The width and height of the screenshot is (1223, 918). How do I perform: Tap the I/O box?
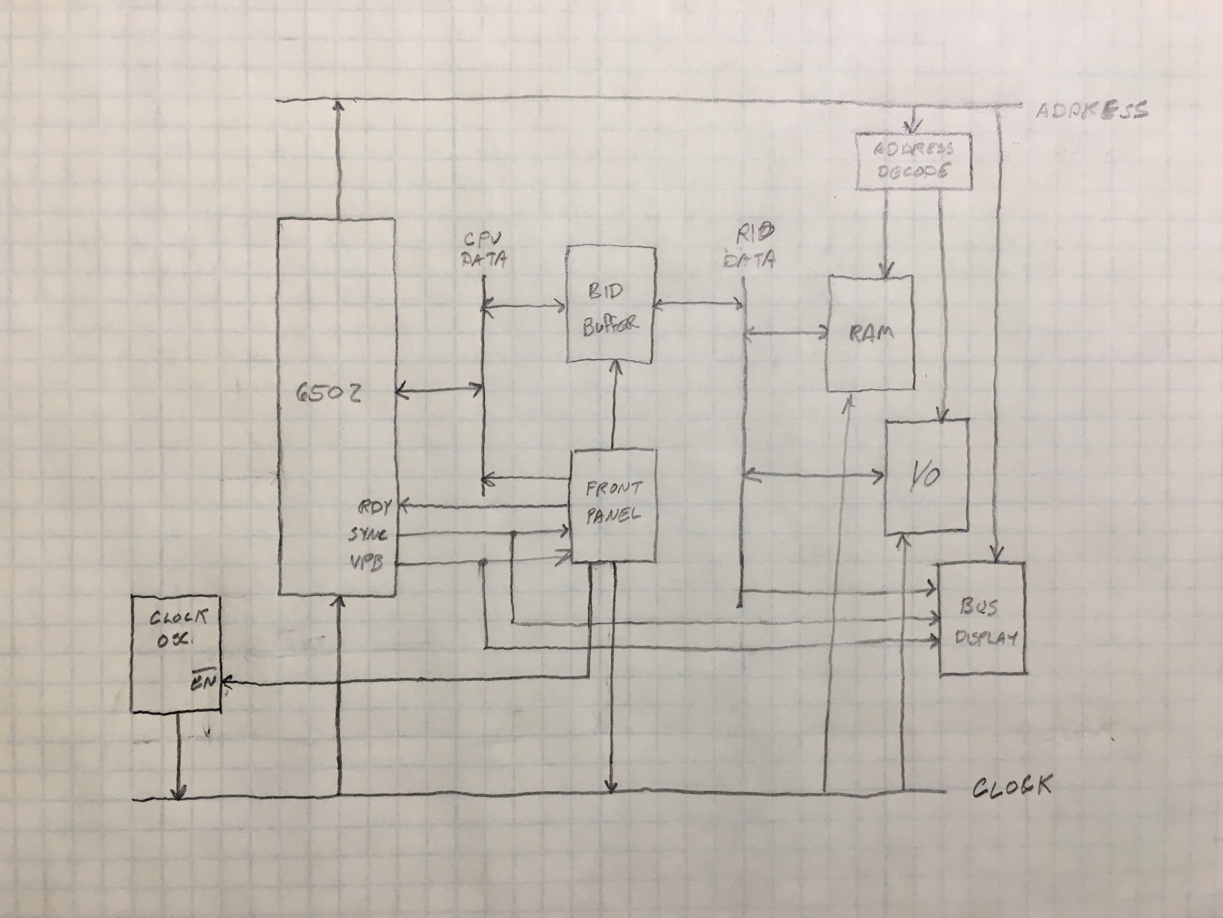927,476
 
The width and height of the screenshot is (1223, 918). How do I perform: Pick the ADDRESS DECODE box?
913,161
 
